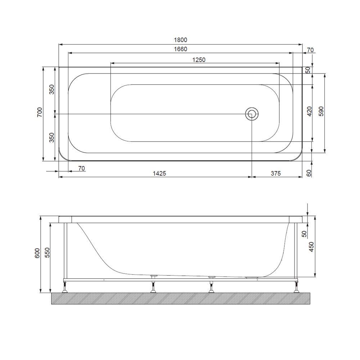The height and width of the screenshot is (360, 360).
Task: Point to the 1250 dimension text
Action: coord(198,60)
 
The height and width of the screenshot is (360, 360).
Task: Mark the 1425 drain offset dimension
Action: coord(159,173)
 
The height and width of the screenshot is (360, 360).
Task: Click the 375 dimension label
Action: coord(275,173)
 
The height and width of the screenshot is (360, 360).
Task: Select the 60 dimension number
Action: coord(308,173)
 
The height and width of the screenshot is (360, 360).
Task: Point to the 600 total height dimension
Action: coord(37,254)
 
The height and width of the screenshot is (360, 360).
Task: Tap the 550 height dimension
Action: coord(47,254)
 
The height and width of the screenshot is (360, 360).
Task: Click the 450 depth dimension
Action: coord(312,247)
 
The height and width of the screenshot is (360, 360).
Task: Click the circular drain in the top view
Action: coord(252,114)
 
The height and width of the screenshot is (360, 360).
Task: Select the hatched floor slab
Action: coord(180,299)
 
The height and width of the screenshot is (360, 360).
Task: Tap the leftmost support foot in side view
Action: coord(65,288)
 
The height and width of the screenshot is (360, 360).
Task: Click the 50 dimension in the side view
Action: coord(304,233)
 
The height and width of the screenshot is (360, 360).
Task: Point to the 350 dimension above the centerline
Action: coord(51,89)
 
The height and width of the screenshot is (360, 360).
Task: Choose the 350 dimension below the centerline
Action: coord(51,137)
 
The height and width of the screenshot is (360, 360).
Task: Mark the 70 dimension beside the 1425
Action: coord(81,168)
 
